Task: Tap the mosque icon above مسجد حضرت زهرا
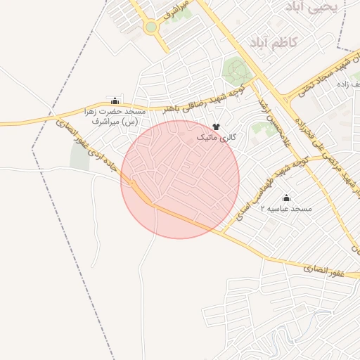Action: pyautogui.click(x=115, y=101)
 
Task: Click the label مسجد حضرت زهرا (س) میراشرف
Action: pyautogui.click(x=117, y=117)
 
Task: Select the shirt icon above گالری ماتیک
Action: pyautogui.click(x=215, y=125)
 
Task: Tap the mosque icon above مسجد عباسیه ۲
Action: pyautogui.click(x=285, y=198)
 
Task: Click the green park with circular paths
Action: pyautogui.click(x=237, y=70)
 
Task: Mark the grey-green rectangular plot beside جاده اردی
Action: pyautogui.click(x=79, y=157)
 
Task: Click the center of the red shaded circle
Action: pyautogui.click(x=180, y=179)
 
